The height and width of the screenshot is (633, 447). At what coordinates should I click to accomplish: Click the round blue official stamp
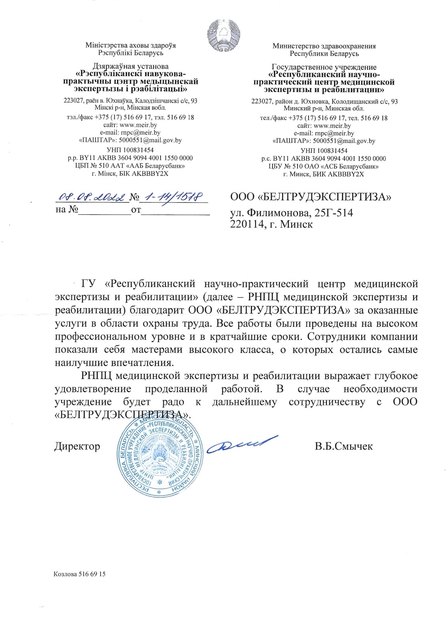click(x=160, y=457)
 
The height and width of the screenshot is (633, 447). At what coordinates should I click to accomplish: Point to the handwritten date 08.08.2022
click(x=92, y=197)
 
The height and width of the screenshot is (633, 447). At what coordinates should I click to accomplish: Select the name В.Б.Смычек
click(x=344, y=446)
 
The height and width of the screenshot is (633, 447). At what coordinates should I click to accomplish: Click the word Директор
click(x=77, y=446)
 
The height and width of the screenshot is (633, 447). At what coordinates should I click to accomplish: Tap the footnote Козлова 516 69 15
click(x=80, y=574)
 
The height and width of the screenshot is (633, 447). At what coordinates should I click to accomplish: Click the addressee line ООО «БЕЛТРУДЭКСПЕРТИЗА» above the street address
click(x=311, y=197)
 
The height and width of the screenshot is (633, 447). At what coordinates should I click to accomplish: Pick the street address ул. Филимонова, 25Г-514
click(x=292, y=213)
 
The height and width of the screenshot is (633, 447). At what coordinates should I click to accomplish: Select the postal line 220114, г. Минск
click(x=271, y=224)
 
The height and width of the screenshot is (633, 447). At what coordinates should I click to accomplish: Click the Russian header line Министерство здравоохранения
click(x=324, y=46)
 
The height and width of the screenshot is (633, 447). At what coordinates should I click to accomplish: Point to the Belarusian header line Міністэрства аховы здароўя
click(x=130, y=45)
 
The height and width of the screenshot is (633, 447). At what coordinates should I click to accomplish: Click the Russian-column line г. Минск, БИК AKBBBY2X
click(x=323, y=174)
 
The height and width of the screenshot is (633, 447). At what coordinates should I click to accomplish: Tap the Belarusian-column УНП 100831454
click(x=130, y=150)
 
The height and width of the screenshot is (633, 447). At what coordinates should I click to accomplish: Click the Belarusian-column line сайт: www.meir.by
click(x=130, y=125)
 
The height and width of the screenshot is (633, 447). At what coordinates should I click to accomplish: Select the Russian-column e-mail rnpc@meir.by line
click(x=324, y=133)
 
